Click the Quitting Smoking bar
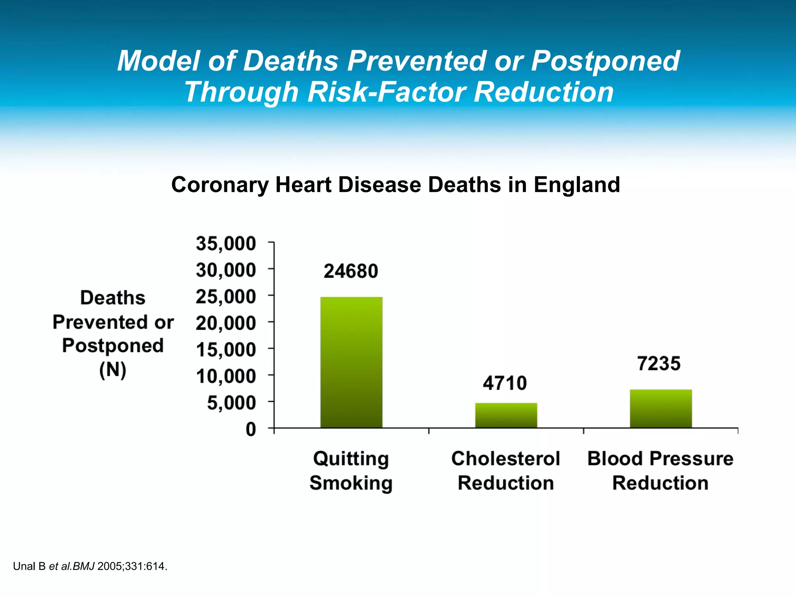tap(351, 362)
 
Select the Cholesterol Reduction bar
tap(506, 415)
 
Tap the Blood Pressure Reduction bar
tap(660, 408)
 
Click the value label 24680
tap(351, 271)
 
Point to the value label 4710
tap(505, 383)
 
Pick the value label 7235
tap(659, 364)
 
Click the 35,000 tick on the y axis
tap(226, 244)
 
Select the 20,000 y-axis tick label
tap(226, 323)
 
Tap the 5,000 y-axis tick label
tap(231, 403)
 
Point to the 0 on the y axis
tap(251, 429)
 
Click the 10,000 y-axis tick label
tap(226, 376)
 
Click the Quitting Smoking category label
tap(351, 471)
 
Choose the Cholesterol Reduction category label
tap(505, 471)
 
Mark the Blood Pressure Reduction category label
tap(660, 471)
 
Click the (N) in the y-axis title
tap(113, 370)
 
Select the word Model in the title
tap(158, 61)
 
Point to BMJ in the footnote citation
tap(84, 566)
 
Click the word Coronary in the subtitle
tap(220, 185)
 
